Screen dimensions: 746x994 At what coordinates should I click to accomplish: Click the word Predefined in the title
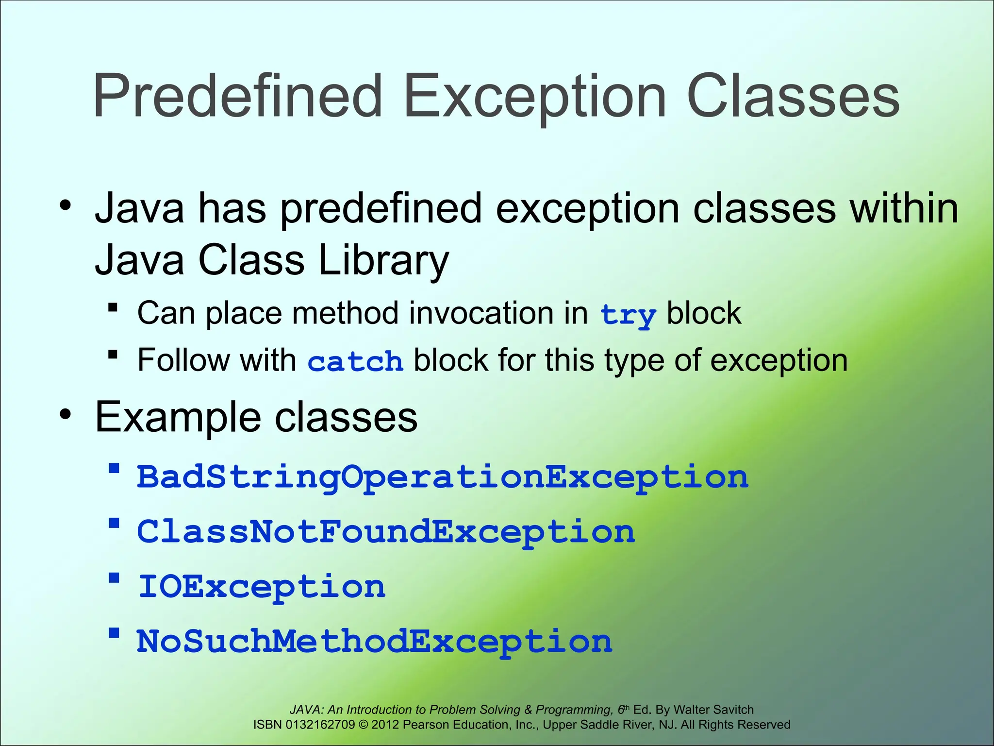pos(238,96)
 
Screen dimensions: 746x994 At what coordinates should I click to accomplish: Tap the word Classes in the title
pos(793,96)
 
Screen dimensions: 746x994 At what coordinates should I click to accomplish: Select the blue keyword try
pos(628,315)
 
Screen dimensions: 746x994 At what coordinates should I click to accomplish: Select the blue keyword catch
pos(355,362)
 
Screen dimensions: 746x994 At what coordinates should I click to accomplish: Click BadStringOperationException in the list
pos(442,477)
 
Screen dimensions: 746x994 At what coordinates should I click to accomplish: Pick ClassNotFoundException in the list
pos(386,532)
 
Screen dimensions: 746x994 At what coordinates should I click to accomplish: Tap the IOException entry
pos(262,587)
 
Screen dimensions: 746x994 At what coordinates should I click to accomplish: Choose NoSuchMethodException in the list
pos(374,642)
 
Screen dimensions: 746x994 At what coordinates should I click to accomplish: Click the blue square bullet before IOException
pos(114,578)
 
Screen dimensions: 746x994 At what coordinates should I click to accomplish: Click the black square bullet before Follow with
pos(113,355)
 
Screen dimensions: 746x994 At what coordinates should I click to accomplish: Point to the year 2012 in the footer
pos(385,725)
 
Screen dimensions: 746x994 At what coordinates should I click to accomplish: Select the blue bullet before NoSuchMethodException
pos(114,633)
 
